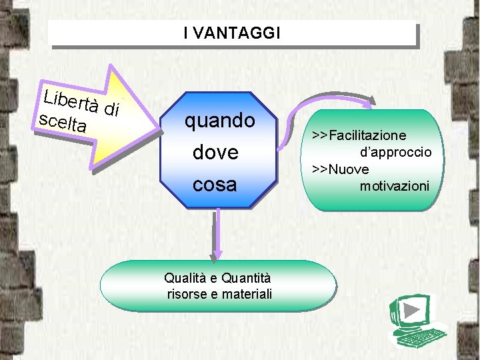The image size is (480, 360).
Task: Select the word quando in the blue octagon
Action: tap(219, 121)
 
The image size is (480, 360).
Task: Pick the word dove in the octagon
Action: tap(215, 153)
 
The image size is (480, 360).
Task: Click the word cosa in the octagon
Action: tap(215, 184)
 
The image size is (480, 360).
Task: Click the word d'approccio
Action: tap(396, 153)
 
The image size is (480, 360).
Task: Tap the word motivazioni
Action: tap(395, 186)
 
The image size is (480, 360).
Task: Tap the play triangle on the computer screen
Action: tap(412, 311)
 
